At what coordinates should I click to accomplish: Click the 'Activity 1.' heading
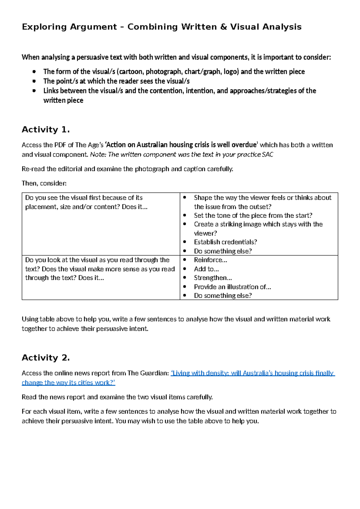[x=46, y=130]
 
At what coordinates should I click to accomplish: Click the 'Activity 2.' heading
[x=46, y=358]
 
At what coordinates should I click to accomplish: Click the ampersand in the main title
[x=223, y=27]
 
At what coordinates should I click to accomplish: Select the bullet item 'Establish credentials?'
[x=225, y=242]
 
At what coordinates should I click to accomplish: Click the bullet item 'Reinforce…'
[x=210, y=260]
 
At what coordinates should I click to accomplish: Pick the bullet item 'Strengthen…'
[x=213, y=278]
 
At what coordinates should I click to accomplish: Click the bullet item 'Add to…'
[x=206, y=269]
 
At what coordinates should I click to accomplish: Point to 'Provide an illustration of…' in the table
[x=232, y=287]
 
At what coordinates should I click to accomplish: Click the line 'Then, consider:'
[x=44, y=183]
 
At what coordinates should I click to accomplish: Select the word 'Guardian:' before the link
[x=154, y=373]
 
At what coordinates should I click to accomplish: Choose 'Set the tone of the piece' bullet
[x=253, y=215]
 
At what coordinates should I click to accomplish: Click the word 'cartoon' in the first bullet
[x=131, y=72]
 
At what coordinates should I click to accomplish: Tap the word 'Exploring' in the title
[x=44, y=27]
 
